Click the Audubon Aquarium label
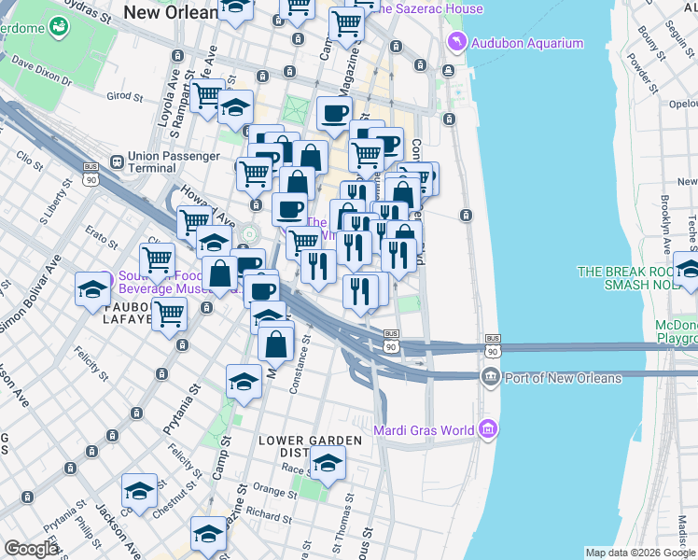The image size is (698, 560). pyautogui.click(x=526, y=43)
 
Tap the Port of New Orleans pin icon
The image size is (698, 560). pyautogui.click(x=490, y=377)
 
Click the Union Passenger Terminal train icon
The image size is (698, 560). pyautogui.click(x=116, y=161)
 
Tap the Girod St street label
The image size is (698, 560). pyautogui.click(x=124, y=95)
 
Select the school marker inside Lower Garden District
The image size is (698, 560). pyautogui.click(x=328, y=462)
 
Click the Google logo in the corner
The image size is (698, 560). pyautogui.click(x=31, y=549)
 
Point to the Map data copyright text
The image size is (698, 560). pyautogui.click(x=639, y=553)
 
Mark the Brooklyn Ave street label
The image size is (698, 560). pyautogui.click(x=665, y=225)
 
